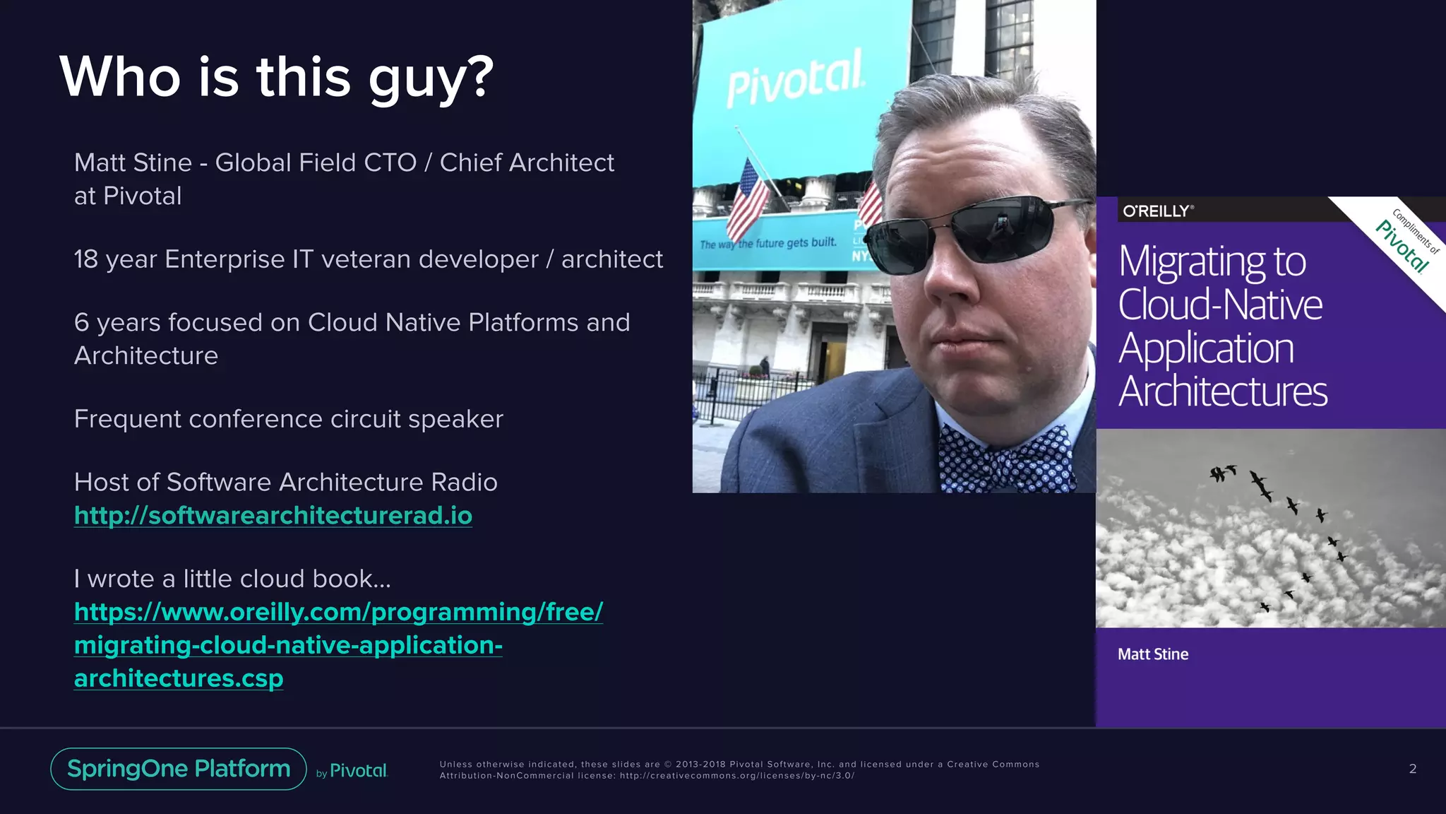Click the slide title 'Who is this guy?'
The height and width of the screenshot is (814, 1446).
(x=276, y=78)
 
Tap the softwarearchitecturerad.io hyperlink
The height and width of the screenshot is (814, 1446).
(x=273, y=516)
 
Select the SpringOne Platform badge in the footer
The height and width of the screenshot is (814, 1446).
(x=179, y=769)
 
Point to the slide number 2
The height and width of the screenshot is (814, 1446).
(x=1412, y=769)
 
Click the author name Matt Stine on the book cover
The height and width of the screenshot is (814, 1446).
(x=1153, y=654)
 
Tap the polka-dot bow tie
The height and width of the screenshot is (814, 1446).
(x=1006, y=459)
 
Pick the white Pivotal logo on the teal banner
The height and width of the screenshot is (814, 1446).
(x=795, y=79)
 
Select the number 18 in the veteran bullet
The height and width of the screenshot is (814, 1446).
(x=86, y=259)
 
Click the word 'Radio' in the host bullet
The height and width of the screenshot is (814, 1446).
(x=464, y=482)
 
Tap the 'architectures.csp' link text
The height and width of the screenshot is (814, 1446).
(x=179, y=678)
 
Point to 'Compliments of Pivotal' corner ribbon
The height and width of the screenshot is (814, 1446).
(x=1409, y=240)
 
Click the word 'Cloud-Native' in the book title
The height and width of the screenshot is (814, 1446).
(x=1220, y=305)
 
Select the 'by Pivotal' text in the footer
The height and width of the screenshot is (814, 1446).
(x=352, y=771)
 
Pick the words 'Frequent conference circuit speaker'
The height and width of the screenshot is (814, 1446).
(x=288, y=419)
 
